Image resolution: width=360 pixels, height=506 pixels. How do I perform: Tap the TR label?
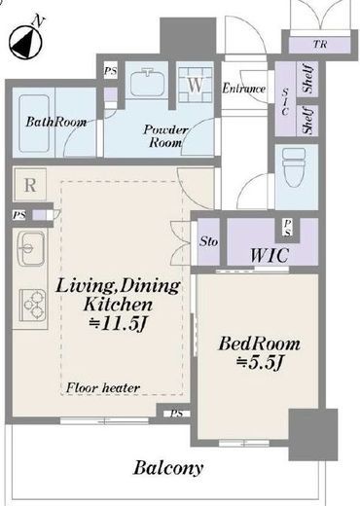(320, 44)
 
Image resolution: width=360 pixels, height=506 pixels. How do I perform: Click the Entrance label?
(244, 89)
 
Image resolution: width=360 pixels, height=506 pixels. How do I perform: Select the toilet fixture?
(294, 167)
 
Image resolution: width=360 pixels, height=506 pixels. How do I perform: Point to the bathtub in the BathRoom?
(34, 124)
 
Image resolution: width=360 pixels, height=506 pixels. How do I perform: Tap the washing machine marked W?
(196, 85)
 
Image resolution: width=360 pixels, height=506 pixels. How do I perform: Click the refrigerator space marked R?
(30, 185)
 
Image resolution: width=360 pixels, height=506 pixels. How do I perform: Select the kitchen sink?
(31, 248)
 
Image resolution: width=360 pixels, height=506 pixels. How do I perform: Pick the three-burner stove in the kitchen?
(33, 305)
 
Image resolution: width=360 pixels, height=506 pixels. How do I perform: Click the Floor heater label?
(103, 387)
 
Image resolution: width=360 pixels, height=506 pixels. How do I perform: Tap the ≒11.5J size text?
(119, 324)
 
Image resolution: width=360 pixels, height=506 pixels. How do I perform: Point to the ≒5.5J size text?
(260, 363)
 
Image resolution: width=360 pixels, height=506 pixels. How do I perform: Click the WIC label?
(270, 255)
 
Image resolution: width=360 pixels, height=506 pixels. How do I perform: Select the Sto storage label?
(208, 241)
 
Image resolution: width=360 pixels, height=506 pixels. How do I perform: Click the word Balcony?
(168, 468)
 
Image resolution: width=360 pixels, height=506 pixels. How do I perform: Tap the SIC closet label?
(285, 102)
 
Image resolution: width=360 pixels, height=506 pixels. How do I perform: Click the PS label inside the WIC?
(288, 228)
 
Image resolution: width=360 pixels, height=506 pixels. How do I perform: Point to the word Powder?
(165, 130)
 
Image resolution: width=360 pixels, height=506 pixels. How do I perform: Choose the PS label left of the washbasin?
(110, 71)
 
